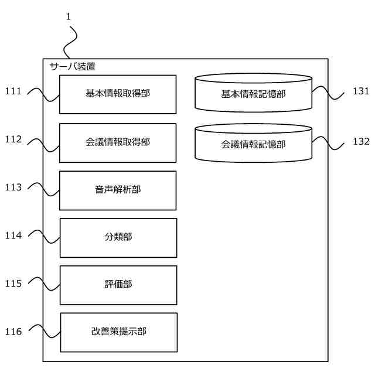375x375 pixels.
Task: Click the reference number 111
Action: point(13,91)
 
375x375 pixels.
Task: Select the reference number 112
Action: point(13,139)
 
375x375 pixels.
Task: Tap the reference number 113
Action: point(13,187)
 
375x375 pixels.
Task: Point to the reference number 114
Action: point(13,236)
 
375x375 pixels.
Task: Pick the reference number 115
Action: point(13,284)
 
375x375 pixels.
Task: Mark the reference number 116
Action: point(13,332)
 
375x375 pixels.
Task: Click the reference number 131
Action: point(361,91)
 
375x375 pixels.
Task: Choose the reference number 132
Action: point(361,141)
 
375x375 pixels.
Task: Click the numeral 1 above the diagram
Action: point(69,17)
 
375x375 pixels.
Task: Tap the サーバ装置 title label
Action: point(73,66)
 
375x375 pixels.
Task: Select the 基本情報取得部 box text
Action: point(118,93)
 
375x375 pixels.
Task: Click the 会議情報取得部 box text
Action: point(118,142)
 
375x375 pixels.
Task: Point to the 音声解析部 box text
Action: point(118,190)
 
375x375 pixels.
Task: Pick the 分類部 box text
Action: point(118,237)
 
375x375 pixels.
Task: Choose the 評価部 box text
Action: point(118,284)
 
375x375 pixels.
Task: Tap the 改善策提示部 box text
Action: point(118,332)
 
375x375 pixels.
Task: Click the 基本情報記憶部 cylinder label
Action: point(253,94)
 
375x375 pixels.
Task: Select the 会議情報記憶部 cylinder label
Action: point(253,145)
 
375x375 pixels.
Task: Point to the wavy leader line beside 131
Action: point(328,93)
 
